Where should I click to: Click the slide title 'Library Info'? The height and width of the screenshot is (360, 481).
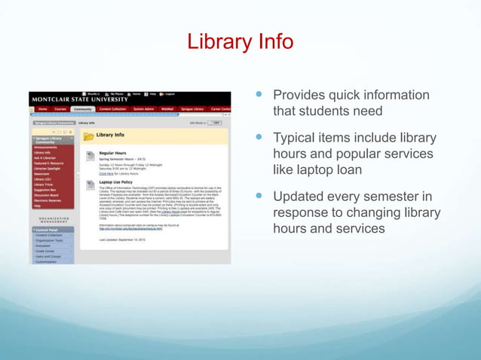240,41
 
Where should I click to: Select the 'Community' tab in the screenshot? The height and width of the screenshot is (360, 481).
82,109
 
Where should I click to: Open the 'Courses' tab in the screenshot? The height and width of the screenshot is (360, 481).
60,109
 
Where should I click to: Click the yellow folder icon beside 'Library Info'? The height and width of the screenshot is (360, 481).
88,136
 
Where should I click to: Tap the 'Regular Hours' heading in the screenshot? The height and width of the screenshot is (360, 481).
112,152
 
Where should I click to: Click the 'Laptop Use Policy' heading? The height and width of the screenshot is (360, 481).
117,182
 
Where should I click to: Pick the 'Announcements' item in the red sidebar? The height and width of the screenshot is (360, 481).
46,148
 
